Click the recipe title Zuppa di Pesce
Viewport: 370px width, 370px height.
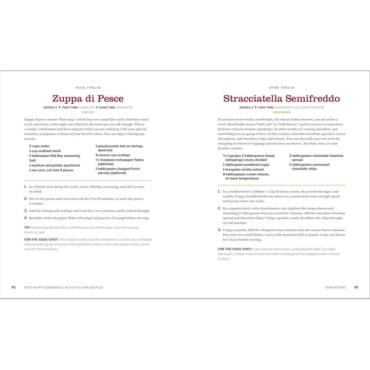88,99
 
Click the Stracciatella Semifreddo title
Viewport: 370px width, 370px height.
281,99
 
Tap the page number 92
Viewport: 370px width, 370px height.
13,287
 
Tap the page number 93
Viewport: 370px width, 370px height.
356,287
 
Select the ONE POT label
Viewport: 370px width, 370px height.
88,112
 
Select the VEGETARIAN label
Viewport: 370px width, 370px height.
282,112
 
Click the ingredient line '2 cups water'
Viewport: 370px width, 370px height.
39,146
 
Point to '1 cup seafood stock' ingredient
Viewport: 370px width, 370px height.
46,151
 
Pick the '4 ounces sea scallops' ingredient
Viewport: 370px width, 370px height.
113,155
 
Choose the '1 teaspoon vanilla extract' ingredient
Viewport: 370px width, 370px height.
243,170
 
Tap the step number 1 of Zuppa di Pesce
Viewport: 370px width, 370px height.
25,187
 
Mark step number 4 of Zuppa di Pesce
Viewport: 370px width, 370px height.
25,218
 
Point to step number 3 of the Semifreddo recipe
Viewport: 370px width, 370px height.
219,230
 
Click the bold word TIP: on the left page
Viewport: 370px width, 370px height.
27,227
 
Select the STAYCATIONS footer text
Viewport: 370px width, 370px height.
335,287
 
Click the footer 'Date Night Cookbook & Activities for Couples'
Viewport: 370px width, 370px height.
63,287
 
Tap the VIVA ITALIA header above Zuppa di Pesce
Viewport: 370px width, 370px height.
88,88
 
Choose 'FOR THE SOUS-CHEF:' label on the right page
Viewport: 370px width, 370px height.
234,249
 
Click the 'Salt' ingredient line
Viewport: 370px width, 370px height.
32,160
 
